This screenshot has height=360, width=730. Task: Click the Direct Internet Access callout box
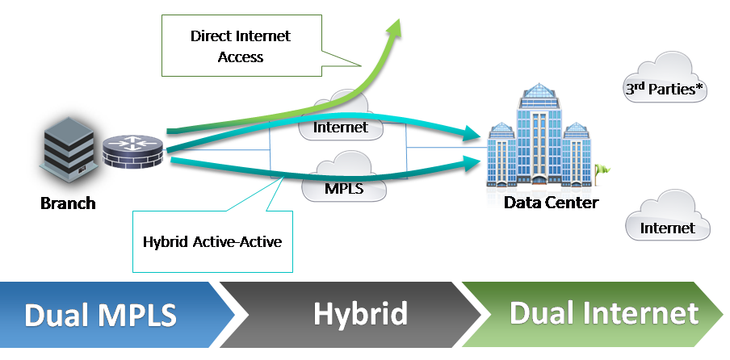coord(240,47)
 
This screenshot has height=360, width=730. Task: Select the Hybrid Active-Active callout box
coord(212,241)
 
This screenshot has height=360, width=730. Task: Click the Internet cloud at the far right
coord(668,222)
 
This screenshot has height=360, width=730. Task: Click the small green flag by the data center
coord(602,170)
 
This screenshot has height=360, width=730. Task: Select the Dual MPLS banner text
coord(101,315)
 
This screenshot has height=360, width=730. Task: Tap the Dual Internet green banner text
coord(603,313)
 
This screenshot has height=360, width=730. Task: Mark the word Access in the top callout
coord(241,57)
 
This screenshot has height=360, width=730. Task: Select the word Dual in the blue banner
coord(57,315)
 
